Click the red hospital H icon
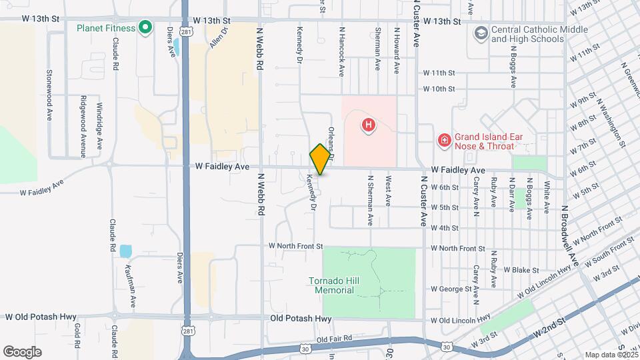pyautogui.click(x=367, y=124)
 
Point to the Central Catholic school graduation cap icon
pyautogui.click(x=480, y=33)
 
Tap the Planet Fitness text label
pyautogui.click(x=106, y=28)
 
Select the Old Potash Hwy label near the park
pyautogui.click(x=301, y=319)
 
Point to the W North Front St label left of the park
pyautogui.click(x=295, y=245)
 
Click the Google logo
pyautogui.click(x=22, y=352)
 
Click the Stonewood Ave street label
pyautogui.click(x=49, y=89)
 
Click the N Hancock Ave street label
pyautogui.click(x=341, y=50)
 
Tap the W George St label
pyautogui.click(x=451, y=289)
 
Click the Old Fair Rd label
pyautogui.click(x=334, y=339)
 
